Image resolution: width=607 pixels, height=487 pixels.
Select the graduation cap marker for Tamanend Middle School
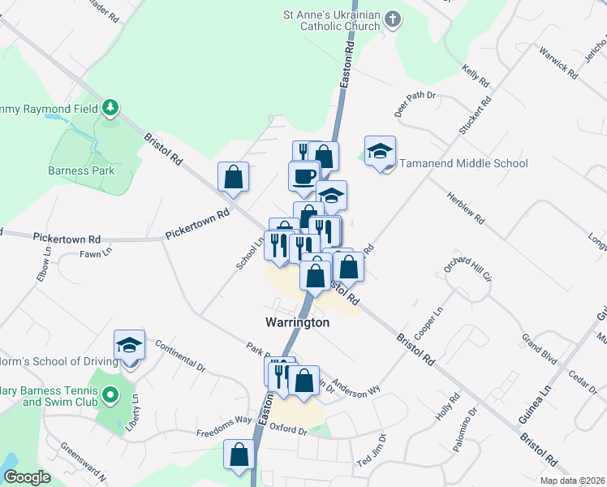(380, 150)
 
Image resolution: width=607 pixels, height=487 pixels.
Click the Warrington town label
(298, 322)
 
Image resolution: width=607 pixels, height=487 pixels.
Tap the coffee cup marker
(304, 176)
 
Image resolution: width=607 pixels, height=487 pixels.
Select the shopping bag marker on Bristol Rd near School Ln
(233, 177)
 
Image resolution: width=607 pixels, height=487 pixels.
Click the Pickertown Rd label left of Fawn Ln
(67, 239)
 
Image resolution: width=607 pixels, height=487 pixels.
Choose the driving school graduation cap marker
(129, 345)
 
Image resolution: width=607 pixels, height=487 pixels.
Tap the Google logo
(28, 477)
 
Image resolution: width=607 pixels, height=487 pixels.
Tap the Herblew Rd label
(466, 209)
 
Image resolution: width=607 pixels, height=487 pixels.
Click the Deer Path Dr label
(415, 102)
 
